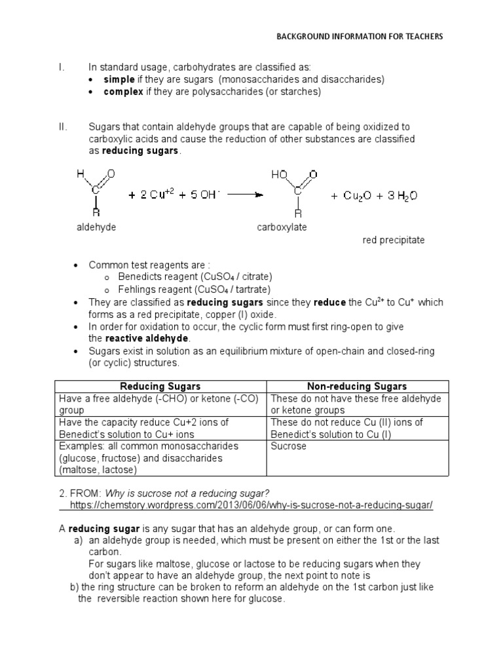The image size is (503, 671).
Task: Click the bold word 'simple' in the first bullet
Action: click(119, 79)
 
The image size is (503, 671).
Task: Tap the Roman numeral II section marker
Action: click(63, 126)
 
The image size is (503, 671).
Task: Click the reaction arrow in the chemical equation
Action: click(246, 195)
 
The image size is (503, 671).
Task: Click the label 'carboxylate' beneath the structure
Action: click(282, 227)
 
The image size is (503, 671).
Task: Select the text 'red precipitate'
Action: click(394, 240)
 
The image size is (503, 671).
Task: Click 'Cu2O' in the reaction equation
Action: click(359, 195)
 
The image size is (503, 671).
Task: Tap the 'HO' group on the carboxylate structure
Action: click(279, 175)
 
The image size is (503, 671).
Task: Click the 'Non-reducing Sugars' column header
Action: click(357, 387)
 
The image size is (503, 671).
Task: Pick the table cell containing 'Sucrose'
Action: click(357, 458)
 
